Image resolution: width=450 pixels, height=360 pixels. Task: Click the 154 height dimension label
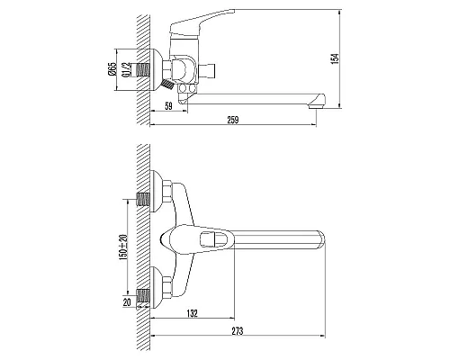pyautogui.click(x=336, y=58)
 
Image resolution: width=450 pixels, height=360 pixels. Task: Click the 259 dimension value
pyautogui.click(x=233, y=120)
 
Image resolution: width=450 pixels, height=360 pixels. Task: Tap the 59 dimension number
pyautogui.click(x=169, y=106)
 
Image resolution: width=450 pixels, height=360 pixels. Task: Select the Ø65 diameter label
pyautogui.click(x=112, y=69)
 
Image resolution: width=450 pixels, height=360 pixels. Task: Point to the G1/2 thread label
pyautogui.click(x=126, y=69)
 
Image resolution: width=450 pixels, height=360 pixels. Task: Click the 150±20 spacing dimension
pyautogui.click(x=123, y=247)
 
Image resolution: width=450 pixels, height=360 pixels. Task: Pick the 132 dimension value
pyautogui.click(x=192, y=313)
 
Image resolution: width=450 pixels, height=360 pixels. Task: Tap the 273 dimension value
pyautogui.click(x=238, y=331)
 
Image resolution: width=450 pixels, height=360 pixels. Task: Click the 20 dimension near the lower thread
pyautogui.click(x=127, y=301)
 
